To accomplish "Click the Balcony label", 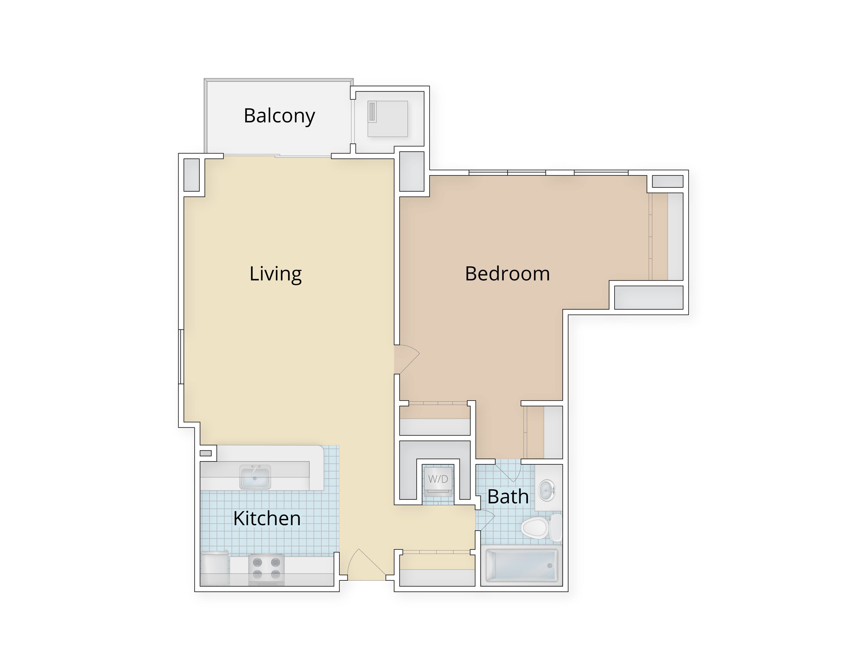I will tap(279, 116).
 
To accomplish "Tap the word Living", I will tap(275, 274).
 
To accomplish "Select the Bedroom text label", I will tap(507, 274).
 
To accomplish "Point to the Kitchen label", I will tap(267, 518).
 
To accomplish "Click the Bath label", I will tap(508, 496).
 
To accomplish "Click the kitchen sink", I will tap(255, 477).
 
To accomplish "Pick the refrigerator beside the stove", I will tap(215, 568).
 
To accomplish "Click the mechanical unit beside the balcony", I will tap(387, 119).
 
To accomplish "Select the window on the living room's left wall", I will tap(181, 357).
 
